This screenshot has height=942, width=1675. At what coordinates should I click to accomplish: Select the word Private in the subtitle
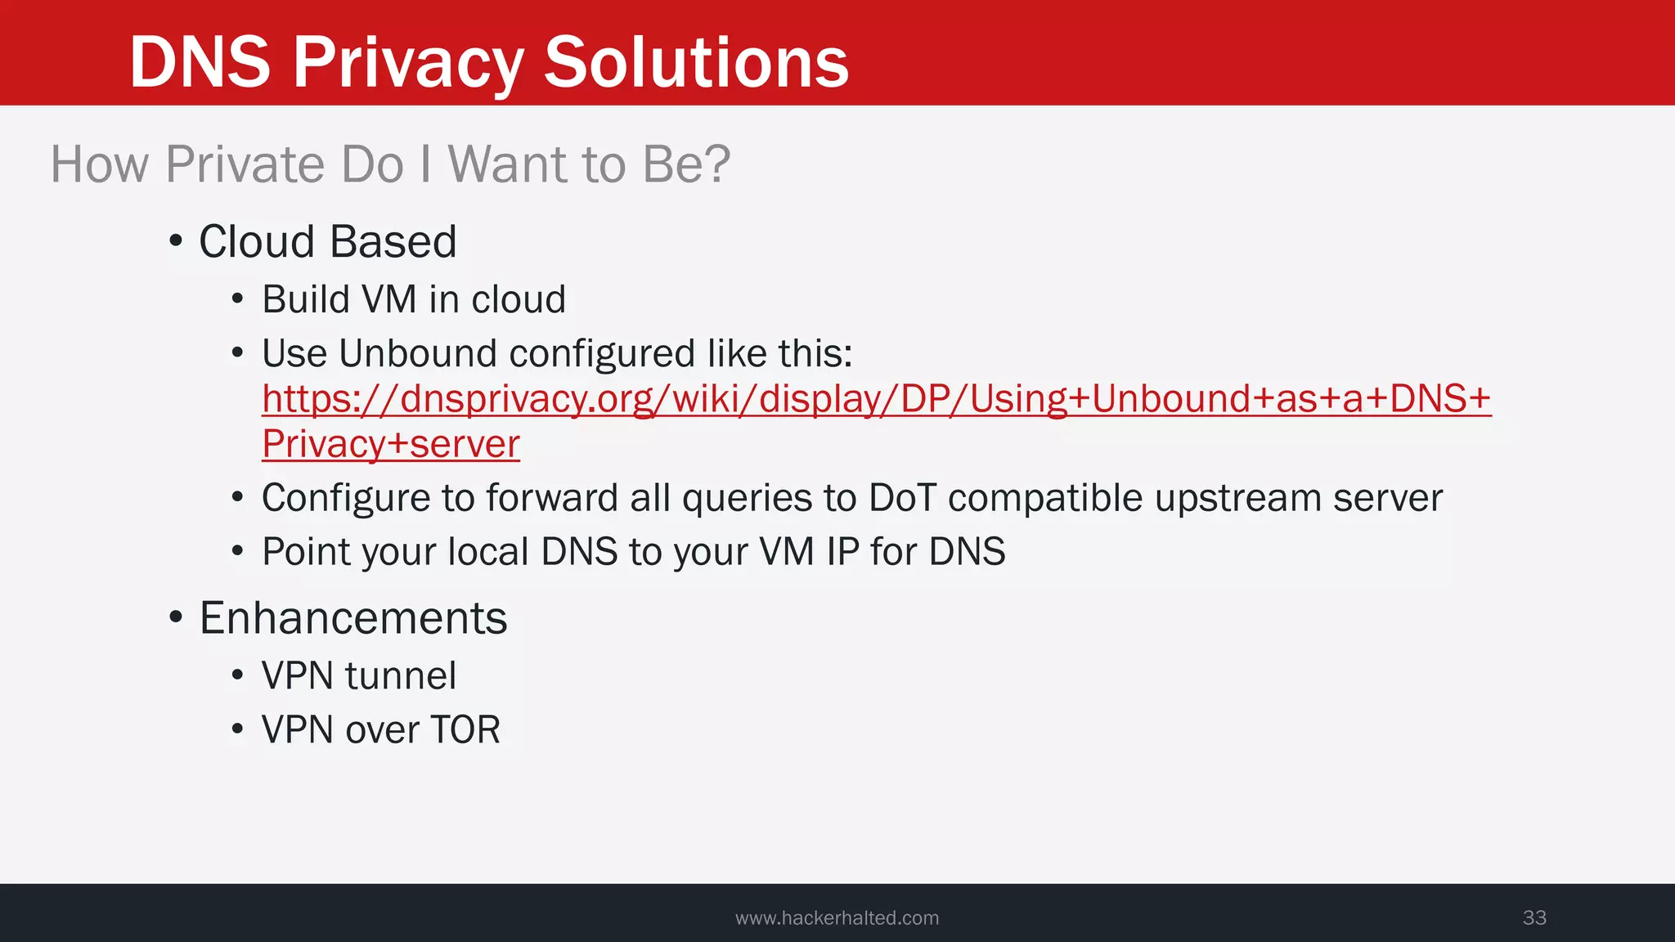(x=245, y=164)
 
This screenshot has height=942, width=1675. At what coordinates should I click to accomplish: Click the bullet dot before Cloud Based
(x=175, y=242)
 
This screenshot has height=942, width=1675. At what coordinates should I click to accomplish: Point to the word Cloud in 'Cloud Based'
(x=257, y=242)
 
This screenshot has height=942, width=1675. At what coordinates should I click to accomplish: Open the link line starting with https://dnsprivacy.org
(x=876, y=399)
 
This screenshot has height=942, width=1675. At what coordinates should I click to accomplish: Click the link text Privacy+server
(x=391, y=445)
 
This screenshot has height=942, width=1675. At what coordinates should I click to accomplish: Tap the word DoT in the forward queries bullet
(x=902, y=498)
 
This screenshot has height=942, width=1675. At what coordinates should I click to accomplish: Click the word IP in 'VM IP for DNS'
(x=842, y=552)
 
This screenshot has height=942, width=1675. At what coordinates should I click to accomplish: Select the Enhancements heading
(x=353, y=618)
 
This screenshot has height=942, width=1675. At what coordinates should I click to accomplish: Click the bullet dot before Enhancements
(x=175, y=618)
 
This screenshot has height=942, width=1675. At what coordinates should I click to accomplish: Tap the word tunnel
(x=400, y=676)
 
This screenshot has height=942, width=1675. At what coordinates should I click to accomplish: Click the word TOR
(x=465, y=730)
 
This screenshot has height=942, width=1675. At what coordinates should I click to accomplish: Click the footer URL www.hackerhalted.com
(x=837, y=918)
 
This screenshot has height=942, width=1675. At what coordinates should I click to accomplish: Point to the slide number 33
(x=1534, y=917)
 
